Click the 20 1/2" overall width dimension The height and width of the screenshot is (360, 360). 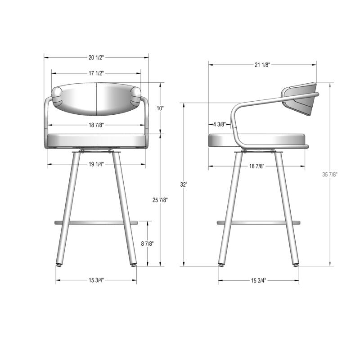[x=96, y=57]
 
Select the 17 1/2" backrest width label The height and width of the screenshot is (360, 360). [x=96, y=73]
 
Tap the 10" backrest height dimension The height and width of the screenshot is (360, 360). [x=160, y=108]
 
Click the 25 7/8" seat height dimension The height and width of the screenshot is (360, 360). [x=160, y=200]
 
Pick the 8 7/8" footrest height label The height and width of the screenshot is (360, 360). [x=147, y=243]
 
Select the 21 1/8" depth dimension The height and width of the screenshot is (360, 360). [x=262, y=65]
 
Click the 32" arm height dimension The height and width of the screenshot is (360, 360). [x=184, y=184]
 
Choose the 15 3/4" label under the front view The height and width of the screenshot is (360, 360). [x=96, y=280]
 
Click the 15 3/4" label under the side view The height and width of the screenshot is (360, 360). [x=258, y=280]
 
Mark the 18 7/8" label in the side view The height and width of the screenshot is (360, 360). [x=256, y=166]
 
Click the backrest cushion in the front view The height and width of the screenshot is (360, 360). [x=97, y=98]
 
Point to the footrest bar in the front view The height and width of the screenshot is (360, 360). [x=96, y=222]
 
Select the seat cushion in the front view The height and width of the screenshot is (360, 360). [x=96, y=141]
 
